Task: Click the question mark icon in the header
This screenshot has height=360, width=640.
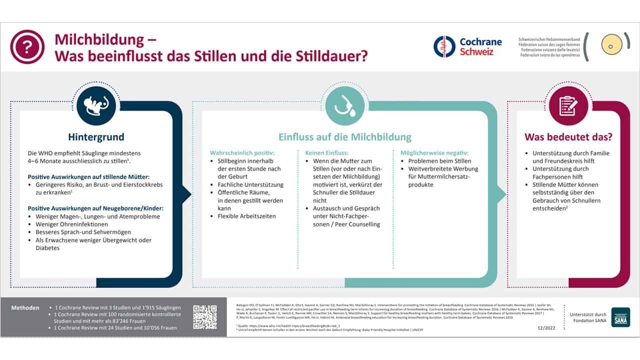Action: (x=27, y=47)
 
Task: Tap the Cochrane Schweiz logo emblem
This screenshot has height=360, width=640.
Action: (x=444, y=46)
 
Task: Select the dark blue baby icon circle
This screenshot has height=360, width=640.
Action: (x=96, y=105)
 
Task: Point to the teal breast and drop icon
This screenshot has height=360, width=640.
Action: (x=344, y=105)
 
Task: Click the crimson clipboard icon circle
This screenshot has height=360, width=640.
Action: (x=568, y=105)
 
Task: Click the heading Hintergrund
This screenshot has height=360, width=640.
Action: (x=96, y=137)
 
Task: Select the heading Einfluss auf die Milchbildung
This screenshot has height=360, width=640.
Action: (x=345, y=137)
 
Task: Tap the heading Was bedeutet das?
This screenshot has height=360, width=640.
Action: (x=568, y=137)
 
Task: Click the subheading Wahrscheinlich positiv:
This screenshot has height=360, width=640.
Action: (x=242, y=152)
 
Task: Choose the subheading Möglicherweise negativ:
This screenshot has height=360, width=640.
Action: (x=434, y=152)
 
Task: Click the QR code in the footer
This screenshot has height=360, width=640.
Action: (x=205, y=317)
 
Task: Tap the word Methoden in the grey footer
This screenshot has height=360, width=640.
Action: (x=25, y=307)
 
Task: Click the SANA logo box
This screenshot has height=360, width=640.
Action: (x=620, y=317)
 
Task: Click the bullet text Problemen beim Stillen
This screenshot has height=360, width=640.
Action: (x=440, y=161)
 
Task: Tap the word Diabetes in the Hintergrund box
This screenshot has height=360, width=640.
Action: (x=47, y=248)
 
